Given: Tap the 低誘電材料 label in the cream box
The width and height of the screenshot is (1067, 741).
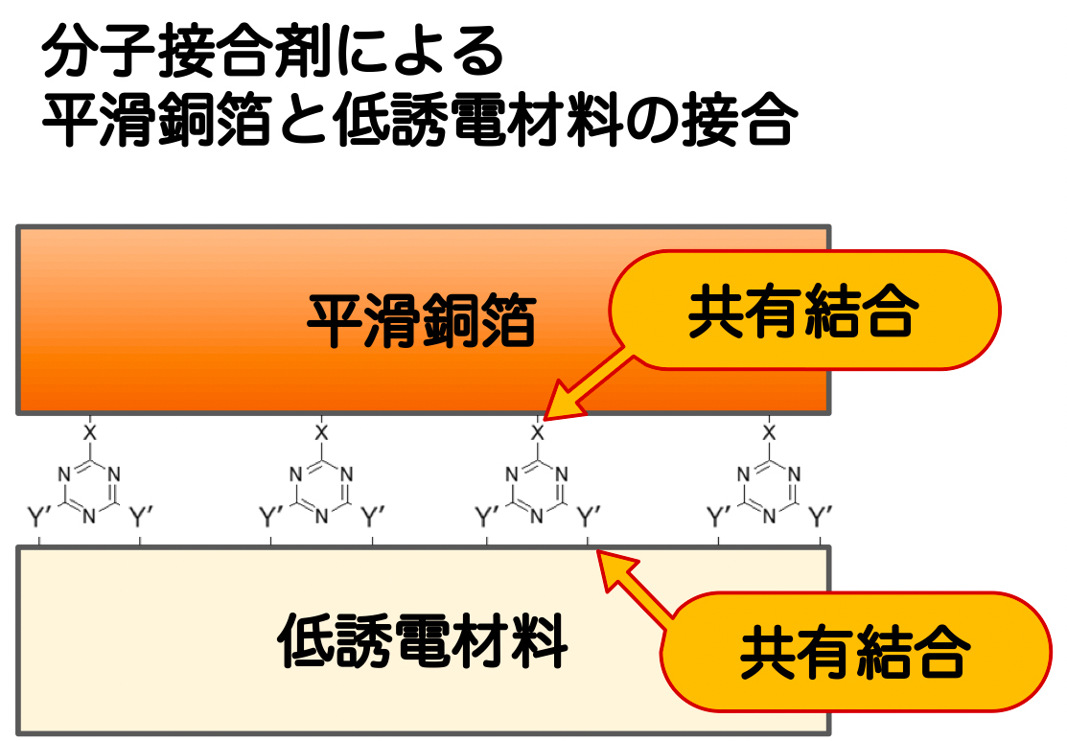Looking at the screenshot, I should pos(423,638).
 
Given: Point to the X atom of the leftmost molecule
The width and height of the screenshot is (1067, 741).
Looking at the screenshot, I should pos(89,432).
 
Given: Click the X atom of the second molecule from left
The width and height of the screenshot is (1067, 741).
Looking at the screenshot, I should pos(321,432).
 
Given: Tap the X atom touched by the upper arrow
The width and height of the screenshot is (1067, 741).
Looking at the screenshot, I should pos(537,432).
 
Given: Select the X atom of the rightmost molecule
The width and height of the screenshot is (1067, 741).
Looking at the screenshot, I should pos(768,432).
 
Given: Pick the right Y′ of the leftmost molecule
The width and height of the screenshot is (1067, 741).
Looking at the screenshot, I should pos(141,519).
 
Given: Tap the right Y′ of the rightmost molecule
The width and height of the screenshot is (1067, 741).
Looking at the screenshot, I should pos(821,519).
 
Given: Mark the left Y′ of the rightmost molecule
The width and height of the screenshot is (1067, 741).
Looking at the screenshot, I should pos(719,519).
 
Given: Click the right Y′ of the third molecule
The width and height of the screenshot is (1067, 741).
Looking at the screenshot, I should pos(589,519).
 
